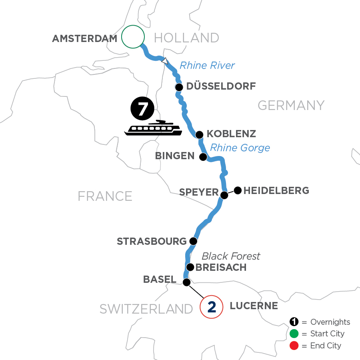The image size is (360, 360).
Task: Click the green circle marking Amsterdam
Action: pyautogui.click(x=132, y=37)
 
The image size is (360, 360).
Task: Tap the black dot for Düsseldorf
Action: pyautogui.click(x=179, y=87)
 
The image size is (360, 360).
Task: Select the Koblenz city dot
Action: pyautogui.click(x=199, y=134)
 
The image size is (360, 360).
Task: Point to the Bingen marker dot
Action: pyautogui.click(x=203, y=156)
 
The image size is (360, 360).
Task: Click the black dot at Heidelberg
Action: pyautogui.click(x=238, y=190)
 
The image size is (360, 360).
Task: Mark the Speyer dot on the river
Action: pyautogui.click(x=224, y=195)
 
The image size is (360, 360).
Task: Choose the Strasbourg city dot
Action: pyautogui.click(x=193, y=241)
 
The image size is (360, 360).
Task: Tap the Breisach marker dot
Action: pyautogui.click(x=190, y=267)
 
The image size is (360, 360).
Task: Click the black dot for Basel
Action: pyautogui.click(x=186, y=282)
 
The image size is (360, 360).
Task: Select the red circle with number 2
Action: pyautogui.click(x=212, y=307)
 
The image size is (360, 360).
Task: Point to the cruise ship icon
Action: pyautogui.click(x=153, y=128)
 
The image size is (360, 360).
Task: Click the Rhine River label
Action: pyautogui.click(x=207, y=65)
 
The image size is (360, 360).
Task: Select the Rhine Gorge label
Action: pyautogui.click(x=240, y=148)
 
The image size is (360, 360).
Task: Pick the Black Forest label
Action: pyautogui.click(x=231, y=256)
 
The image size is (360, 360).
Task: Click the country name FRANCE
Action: pyautogui.click(x=105, y=196)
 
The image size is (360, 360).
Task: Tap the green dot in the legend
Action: pyautogui.click(x=294, y=334)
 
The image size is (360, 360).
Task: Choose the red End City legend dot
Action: pyautogui.click(x=294, y=345)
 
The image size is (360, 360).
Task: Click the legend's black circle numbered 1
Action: pyautogui.click(x=294, y=322)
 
